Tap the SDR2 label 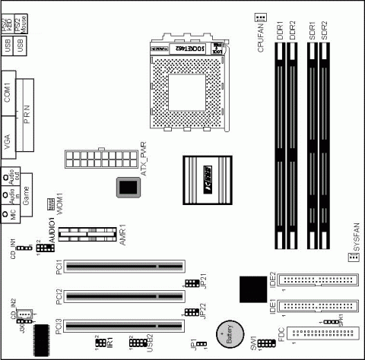(x=325, y=31)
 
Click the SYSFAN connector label (x=355, y=235)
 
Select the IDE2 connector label (x=272, y=267)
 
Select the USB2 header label (x=150, y=343)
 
